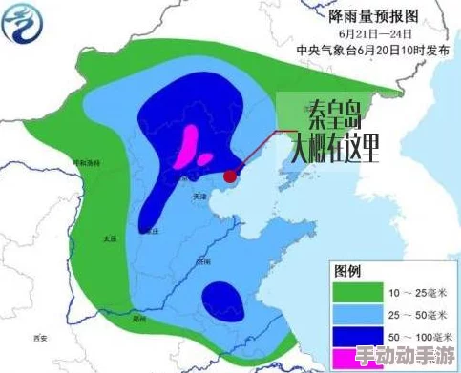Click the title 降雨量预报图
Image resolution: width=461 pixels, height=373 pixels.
click(359, 15)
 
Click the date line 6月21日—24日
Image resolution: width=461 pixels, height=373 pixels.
click(360, 32)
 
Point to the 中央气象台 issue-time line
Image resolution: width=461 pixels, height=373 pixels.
click(359, 48)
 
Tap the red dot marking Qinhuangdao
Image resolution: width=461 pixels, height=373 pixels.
click(230, 176)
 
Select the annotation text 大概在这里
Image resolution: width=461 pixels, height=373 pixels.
click(334, 148)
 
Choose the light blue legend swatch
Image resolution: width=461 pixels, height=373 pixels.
click(354, 314)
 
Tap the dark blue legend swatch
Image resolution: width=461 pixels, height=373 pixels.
click(354, 336)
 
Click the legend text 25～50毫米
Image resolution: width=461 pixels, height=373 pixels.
click(416, 314)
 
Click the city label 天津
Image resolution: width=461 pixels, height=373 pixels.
click(199, 196)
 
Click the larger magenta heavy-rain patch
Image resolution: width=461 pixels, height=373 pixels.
click(188, 144)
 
